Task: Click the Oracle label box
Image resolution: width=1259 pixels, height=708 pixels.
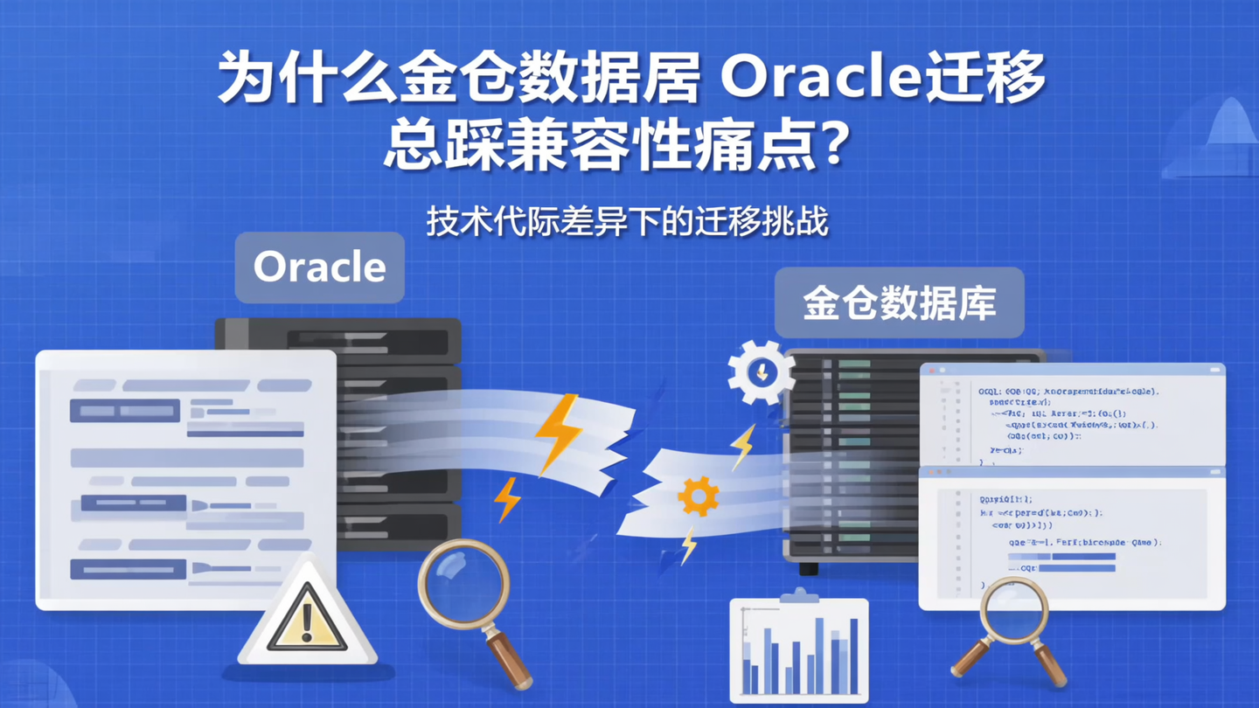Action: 319,267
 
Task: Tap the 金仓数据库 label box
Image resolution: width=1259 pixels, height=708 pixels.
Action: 899,302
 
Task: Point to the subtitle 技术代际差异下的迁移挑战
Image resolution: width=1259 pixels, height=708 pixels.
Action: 627,221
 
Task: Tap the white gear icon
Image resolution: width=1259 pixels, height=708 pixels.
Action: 761,372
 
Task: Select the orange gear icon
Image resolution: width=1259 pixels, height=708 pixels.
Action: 698,496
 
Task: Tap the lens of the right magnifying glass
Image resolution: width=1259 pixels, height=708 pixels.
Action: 1013,607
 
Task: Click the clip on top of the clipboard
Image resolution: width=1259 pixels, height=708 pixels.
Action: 797,596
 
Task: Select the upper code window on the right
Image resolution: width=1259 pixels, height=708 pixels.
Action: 1072,416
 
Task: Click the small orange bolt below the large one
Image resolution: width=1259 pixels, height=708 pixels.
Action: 506,500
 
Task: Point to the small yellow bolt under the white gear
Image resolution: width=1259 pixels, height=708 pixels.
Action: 742,447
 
